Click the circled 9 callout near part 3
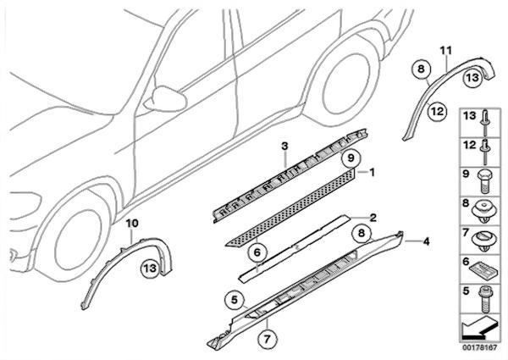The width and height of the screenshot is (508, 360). click(x=351, y=158)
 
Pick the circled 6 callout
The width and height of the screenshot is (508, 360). click(x=257, y=252)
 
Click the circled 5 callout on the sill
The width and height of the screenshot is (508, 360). click(x=235, y=299)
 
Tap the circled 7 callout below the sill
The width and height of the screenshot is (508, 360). click(x=267, y=339)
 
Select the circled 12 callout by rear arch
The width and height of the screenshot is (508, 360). click(x=437, y=112)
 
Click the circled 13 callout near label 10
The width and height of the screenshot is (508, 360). click(x=150, y=269)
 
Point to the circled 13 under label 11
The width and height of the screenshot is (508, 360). click(x=472, y=78)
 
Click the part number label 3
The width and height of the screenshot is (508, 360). click(x=284, y=147)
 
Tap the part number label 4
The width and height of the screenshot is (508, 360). click(x=427, y=241)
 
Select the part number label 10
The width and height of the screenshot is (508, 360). click(x=132, y=224)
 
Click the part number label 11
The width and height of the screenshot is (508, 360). click(x=446, y=51)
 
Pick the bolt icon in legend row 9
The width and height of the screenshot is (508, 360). click(x=484, y=181)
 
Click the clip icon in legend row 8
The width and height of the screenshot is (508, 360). click(x=483, y=211)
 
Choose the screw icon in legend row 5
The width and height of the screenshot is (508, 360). click(x=485, y=299)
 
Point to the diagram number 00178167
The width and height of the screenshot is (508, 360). click(x=480, y=347)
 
